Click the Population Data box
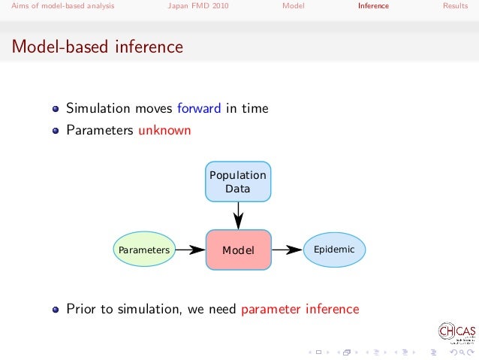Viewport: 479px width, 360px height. click(238, 181)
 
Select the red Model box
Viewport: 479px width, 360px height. click(238, 250)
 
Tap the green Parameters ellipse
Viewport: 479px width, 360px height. click(144, 250)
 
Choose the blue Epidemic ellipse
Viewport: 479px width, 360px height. click(334, 249)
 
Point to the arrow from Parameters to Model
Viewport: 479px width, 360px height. click(190, 250)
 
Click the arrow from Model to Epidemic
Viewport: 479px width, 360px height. click(286, 250)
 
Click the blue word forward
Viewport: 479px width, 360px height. click(200, 108)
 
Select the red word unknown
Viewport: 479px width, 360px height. click(164, 130)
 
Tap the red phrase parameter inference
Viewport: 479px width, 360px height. click(300, 308)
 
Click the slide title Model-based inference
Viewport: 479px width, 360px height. click(97, 47)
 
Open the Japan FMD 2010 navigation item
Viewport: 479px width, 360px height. click(197, 6)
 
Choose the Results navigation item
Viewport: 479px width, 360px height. click(455, 6)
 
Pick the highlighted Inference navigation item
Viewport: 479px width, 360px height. click(373, 6)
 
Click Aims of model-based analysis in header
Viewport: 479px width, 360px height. click(58, 6)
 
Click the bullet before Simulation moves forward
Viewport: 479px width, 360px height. click(56, 109)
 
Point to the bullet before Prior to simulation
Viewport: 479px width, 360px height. click(56, 309)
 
